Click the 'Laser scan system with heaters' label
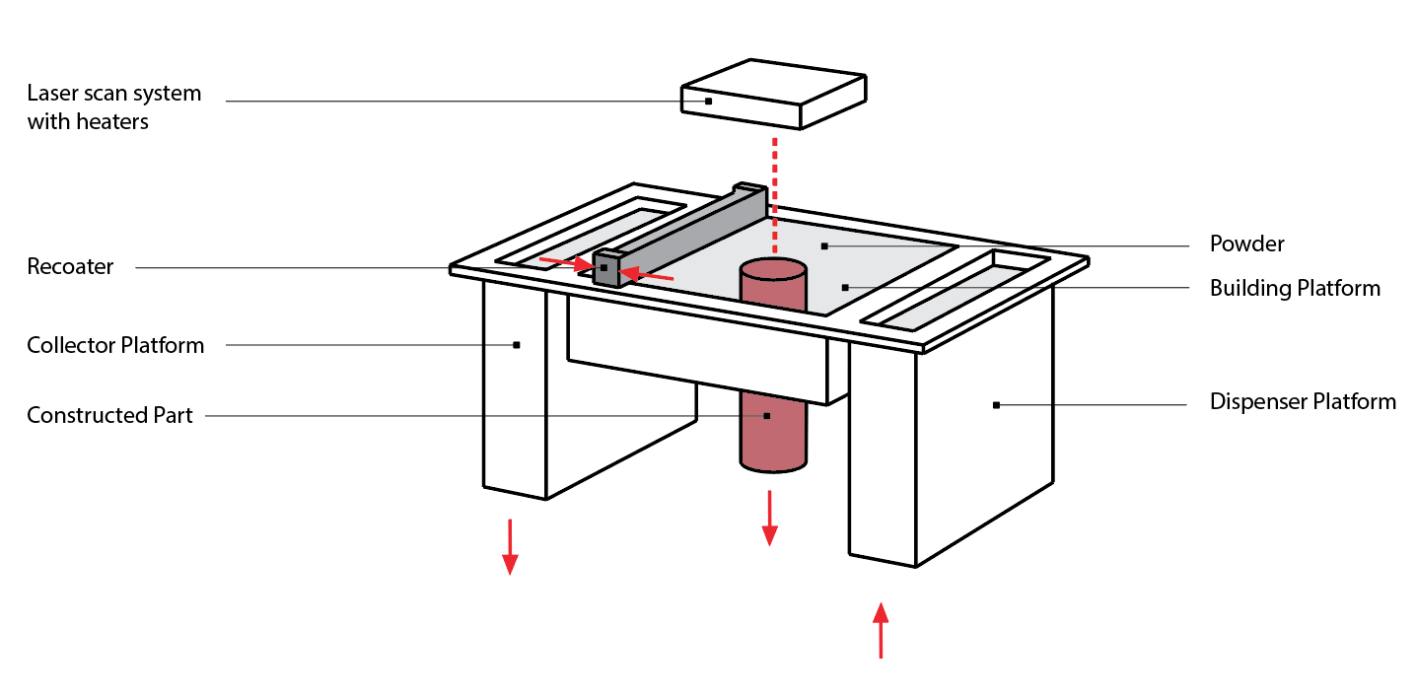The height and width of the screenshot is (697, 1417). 113,106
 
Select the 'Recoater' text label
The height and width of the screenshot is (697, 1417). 70,266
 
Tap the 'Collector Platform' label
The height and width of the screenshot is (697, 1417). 115,345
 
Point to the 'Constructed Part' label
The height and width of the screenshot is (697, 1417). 109,415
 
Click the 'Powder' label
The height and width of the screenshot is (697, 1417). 1246,244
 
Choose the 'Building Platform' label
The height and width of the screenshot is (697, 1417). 1294,288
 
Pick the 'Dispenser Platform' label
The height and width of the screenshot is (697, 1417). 1302,402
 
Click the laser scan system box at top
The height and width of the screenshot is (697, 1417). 774,94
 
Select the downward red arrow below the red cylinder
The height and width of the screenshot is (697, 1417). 769,518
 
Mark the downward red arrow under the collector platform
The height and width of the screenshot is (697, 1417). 510,546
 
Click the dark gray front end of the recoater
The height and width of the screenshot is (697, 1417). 606,269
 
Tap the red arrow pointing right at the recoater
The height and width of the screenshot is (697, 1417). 566,263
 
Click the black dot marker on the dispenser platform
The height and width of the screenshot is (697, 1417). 996,404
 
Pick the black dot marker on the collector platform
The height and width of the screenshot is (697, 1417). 516,344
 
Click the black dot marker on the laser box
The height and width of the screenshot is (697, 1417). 708,101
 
